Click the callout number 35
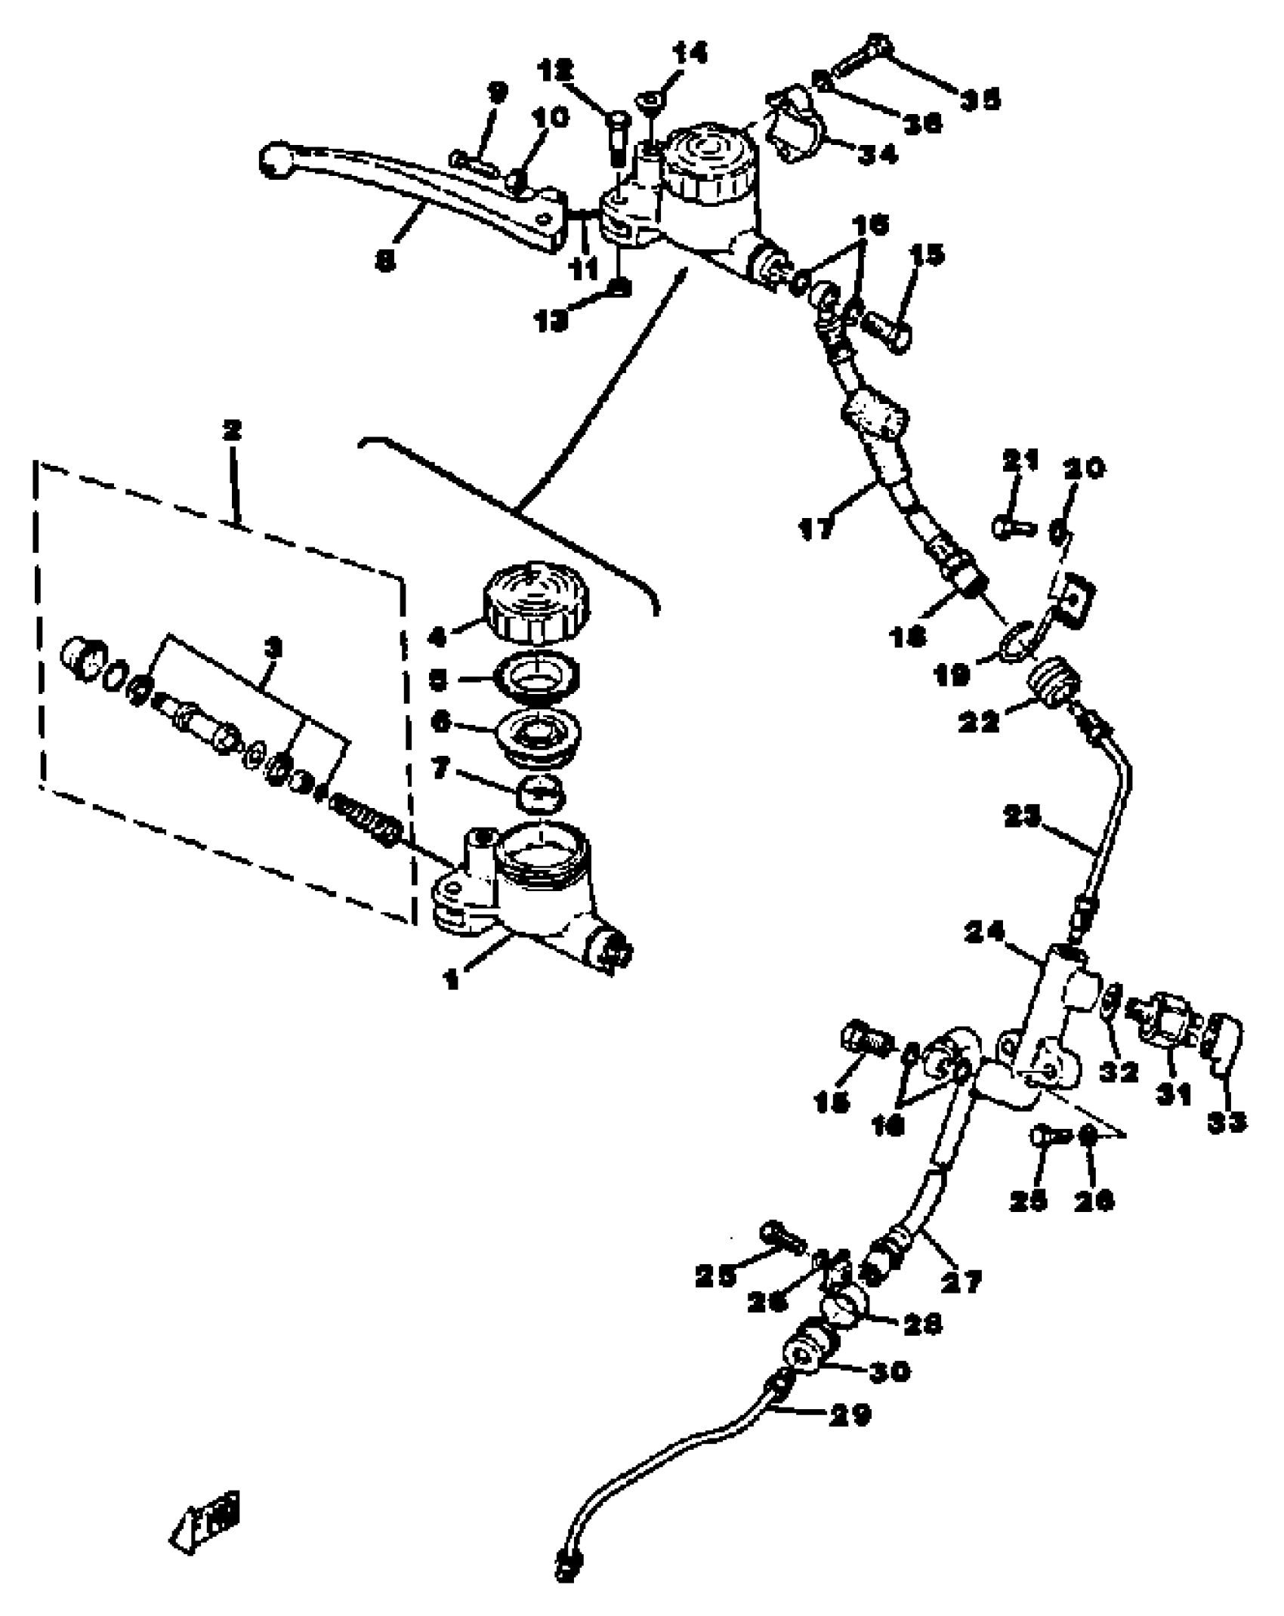pyautogui.click(x=980, y=99)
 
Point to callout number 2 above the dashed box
pyautogui.click(x=231, y=431)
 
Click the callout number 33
pyautogui.click(x=1226, y=1123)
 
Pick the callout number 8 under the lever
pyautogui.click(x=385, y=261)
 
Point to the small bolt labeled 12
pyautogui.click(x=617, y=140)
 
